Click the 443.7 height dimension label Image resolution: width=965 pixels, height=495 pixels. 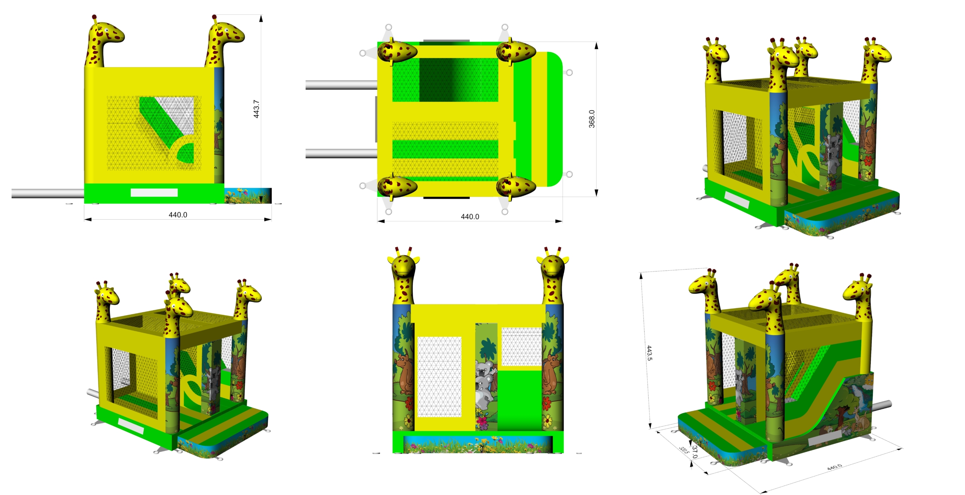click(x=256, y=109)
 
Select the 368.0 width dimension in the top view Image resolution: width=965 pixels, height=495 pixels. click(x=592, y=119)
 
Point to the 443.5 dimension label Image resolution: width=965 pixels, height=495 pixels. click(x=649, y=353)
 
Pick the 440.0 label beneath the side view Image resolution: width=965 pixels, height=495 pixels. click(x=178, y=215)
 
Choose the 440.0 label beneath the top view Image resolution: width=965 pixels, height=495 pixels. click(x=470, y=216)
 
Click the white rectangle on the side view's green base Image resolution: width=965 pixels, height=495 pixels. click(x=154, y=193)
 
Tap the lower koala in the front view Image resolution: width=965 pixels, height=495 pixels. click(x=483, y=394)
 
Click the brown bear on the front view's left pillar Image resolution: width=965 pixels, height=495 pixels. click(x=404, y=374)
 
